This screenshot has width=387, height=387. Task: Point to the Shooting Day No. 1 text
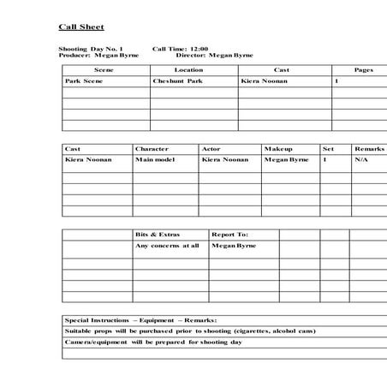point(91,49)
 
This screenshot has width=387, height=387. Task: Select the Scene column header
point(104,69)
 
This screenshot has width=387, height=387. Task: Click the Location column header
point(188,69)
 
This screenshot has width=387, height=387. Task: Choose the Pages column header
point(363,69)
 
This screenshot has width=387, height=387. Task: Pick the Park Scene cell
point(84,80)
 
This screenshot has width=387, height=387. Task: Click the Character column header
point(152,149)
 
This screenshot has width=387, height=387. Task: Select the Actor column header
point(211,149)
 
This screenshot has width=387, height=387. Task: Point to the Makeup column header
point(278,149)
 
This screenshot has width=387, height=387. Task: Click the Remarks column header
point(369,149)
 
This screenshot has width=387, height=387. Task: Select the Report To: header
point(230,234)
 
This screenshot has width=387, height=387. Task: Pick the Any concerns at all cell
point(168,245)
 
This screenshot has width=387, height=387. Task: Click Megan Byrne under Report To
point(234,245)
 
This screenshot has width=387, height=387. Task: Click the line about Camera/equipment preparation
point(154,342)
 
